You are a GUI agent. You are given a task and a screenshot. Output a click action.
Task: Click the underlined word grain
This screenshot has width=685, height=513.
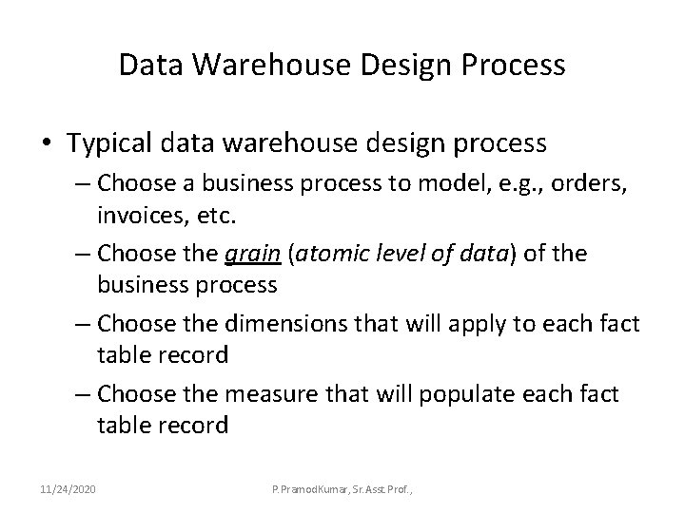(250, 255)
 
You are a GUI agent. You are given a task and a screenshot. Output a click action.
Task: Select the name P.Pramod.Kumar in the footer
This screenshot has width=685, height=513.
(314, 489)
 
